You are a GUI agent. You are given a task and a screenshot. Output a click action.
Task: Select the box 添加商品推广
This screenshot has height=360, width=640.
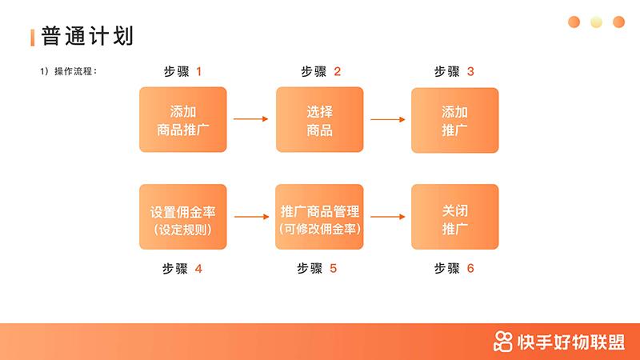coord(183,120)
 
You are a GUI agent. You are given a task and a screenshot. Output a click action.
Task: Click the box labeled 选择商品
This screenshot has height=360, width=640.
coord(319,120)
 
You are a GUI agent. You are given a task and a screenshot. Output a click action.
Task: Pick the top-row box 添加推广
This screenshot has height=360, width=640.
coord(454,120)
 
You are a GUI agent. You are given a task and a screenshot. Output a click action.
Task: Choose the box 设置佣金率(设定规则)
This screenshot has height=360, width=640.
coord(183,217)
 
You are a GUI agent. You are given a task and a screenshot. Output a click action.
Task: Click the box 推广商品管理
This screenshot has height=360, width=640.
coord(319,217)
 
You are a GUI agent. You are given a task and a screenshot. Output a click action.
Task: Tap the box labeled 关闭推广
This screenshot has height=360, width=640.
coord(454,217)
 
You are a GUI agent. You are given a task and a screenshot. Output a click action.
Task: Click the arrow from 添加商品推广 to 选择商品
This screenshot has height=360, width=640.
coord(251,120)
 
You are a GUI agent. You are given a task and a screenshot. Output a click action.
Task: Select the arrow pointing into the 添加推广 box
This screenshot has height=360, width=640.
coord(387,120)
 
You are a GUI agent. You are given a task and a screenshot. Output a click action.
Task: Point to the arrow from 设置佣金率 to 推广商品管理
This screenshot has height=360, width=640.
coord(251,217)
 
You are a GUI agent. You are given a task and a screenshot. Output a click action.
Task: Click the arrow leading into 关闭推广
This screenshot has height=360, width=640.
coord(387,217)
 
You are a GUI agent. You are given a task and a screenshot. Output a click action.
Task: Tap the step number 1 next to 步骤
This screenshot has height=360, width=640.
coord(198,72)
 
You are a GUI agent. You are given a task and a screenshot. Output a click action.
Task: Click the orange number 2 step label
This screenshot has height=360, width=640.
coord(337,72)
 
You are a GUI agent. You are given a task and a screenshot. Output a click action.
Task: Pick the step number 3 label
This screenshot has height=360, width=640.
coord(470,72)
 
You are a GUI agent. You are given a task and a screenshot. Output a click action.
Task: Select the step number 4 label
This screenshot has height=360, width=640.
coord(198,269)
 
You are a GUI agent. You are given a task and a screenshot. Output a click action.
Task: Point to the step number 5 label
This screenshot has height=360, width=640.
coord(333,269)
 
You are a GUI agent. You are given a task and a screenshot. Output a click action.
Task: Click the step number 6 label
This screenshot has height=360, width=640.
coord(470,269)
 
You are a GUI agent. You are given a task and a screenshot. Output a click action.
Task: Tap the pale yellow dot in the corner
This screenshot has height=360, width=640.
coord(596,22)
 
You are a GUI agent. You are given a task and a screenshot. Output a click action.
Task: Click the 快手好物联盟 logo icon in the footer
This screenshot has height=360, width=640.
coord(503,342)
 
